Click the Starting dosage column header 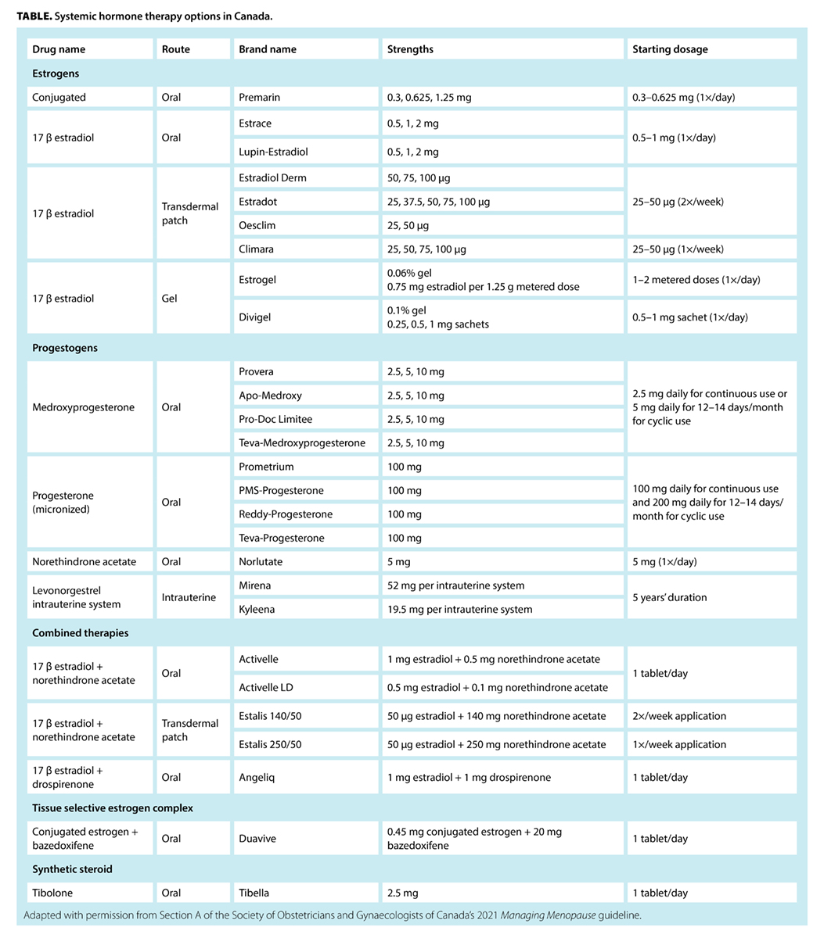click(x=670, y=49)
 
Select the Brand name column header click(x=268, y=49)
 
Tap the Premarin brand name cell click(x=259, y=98)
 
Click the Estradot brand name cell click(x=258, y=202)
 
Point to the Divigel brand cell click(x=255, y=317)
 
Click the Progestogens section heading click(x=65, y=348)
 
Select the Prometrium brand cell click(x=266, y=467)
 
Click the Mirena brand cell click(x=255, y=585)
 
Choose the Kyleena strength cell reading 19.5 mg click(x=459, y=609)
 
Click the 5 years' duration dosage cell click(x=669, y=597)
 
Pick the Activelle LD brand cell click(x=270, y=687)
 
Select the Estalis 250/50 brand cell click(x=270, y=744)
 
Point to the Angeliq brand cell click(x=257, y=777)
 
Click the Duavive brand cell click(x=257, y=838)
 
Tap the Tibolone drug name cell click(x=52, y=893)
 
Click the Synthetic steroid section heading click(x=72, y=868)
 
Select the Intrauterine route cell click(x=189, y=597)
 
